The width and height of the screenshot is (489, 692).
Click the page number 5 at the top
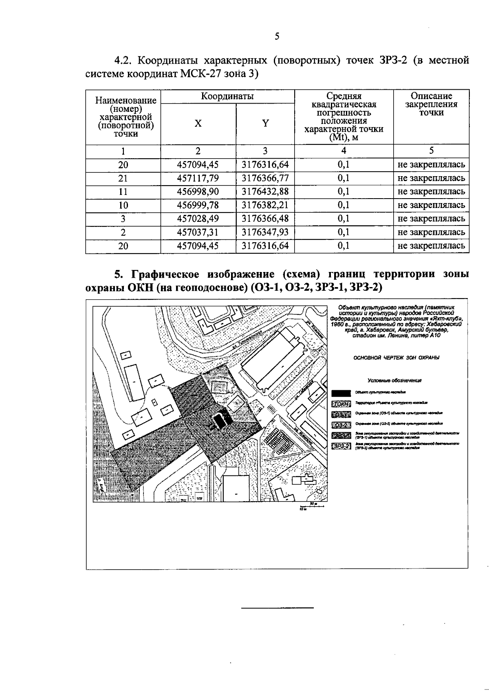coord(277,37)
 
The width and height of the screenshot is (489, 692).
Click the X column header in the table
coord(198,123)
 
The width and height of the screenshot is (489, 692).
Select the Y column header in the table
coord(265,123)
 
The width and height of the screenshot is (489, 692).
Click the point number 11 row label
coord(123,192)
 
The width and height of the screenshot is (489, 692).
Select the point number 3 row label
coord(123,219)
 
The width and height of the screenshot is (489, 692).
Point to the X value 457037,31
coord(198,232)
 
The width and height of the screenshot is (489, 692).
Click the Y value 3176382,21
coord(265,205)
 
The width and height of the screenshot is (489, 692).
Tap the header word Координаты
coord(227,96)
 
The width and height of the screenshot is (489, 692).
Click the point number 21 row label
coord(123,178)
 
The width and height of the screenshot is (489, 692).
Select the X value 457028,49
coord(198,219)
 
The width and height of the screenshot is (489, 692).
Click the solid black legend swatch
coord(341,393)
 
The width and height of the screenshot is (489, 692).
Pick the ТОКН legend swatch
coord(341,404)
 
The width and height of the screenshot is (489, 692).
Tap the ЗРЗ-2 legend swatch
coord(341,446)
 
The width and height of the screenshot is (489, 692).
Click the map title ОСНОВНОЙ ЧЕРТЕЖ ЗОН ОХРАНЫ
coord(396,358)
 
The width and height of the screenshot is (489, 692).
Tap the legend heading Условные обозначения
coord(394,380)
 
